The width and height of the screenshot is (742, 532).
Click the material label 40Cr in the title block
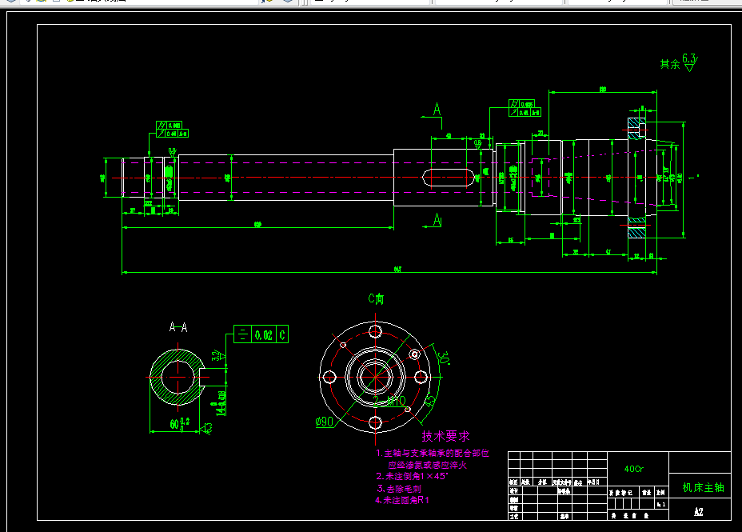[633, 468]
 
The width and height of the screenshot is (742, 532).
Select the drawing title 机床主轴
[703, 487]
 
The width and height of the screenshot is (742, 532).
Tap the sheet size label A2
[698, 511]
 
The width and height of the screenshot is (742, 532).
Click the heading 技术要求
[445, 436]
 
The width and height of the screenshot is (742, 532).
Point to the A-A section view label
[178, 327]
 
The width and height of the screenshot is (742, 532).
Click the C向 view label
[376, 299]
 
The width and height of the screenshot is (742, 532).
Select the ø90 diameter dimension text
[323, 422]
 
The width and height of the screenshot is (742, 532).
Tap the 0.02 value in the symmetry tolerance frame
[264, 335]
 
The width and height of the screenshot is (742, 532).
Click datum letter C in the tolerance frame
[282, 335]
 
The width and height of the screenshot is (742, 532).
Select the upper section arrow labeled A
[437, 110]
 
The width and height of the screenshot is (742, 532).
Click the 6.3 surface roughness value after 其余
[689, 58]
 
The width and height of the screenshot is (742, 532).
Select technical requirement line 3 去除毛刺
[399, 488]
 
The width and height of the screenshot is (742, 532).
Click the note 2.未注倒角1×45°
[412, 476]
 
